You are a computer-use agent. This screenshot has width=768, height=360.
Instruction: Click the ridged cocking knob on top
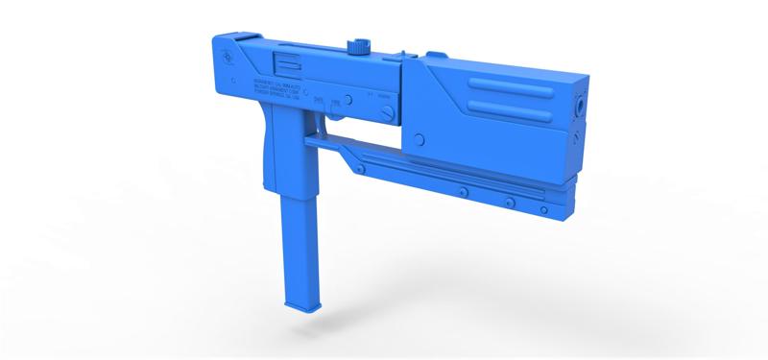click(x=362, y=45)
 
